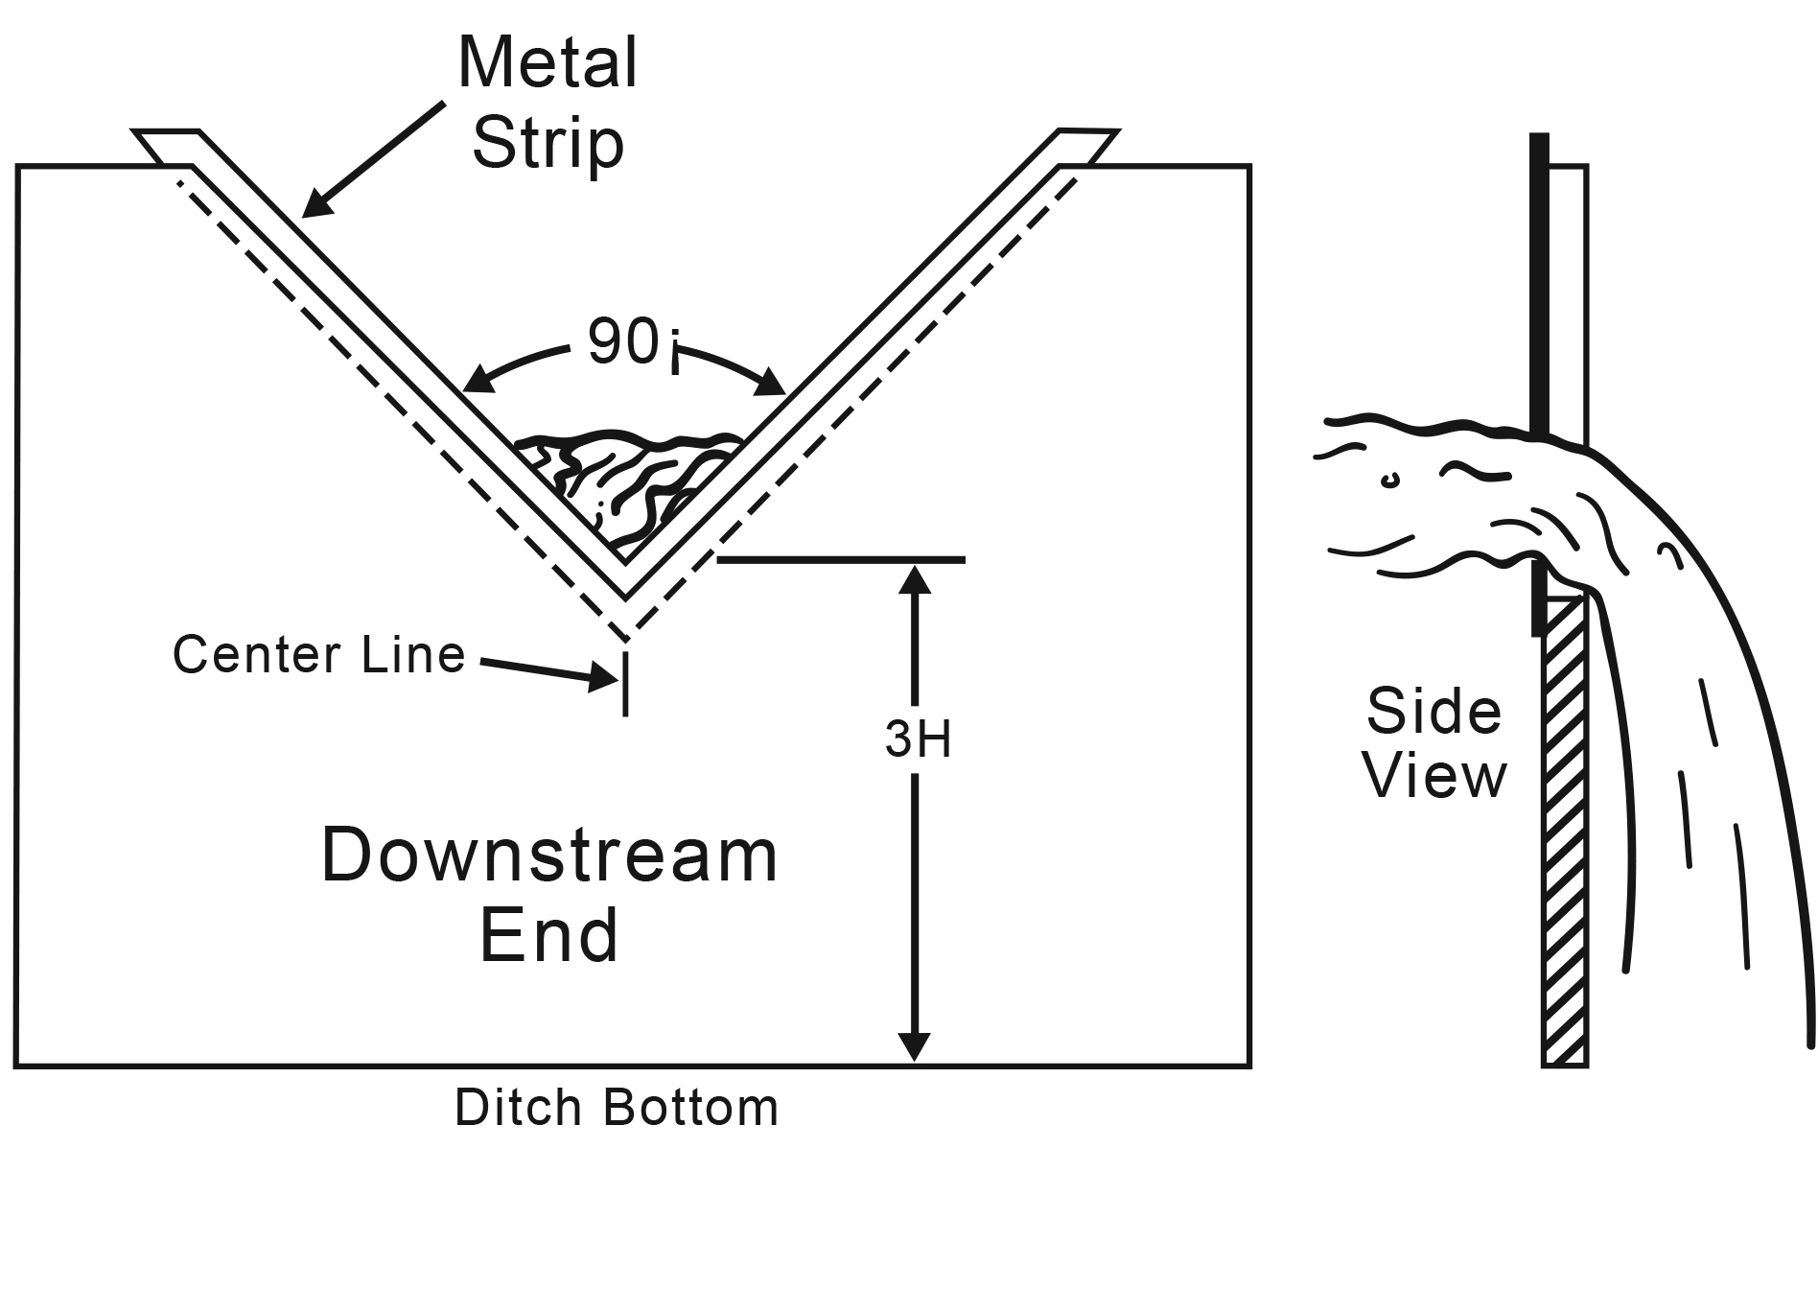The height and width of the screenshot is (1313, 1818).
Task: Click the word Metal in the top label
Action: point(548,63)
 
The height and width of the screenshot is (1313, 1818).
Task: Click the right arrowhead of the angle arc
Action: point(773,385)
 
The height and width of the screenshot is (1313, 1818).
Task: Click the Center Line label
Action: point(319,655)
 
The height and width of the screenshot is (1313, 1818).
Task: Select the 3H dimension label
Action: point(918,739)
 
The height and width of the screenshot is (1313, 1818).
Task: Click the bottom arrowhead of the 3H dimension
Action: point(916,1046)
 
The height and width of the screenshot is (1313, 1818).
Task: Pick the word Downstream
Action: point(549,855)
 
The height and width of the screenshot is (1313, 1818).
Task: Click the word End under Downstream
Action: point(549,935)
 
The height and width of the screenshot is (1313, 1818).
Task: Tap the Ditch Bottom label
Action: point(617,1108)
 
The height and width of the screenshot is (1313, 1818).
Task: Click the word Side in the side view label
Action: point(1433,711)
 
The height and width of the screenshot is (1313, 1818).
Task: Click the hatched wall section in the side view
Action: point(1565,834)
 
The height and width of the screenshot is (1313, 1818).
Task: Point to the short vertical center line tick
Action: point(626,683)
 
